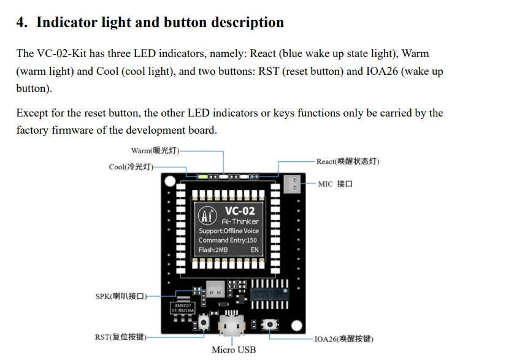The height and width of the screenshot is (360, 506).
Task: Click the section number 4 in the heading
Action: [21, 23]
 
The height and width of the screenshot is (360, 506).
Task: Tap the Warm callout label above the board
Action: [155, 150]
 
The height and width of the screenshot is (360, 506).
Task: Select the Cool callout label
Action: [130, 167]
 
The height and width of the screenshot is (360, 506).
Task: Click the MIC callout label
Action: [335, 184]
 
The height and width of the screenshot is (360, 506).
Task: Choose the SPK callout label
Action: [121, 296]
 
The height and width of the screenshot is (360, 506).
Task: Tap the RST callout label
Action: [120, 337]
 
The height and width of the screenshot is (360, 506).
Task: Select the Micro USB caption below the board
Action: [234, 350]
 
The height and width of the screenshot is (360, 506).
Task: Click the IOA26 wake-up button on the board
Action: [270, 324]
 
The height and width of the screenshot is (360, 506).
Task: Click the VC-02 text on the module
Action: [240, 210]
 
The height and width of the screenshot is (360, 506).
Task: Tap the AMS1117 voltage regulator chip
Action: [184, 307]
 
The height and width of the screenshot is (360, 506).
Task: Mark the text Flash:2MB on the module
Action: [213, 250]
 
